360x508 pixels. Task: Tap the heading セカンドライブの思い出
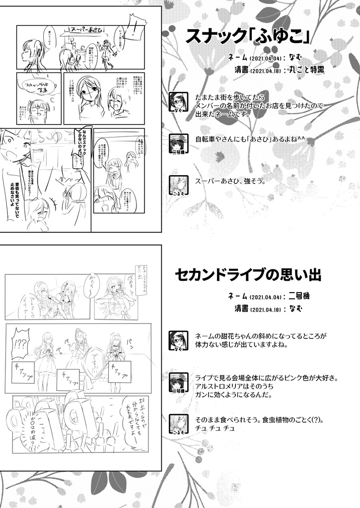click(248, 274)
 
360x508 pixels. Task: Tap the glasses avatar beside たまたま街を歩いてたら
click(178, 102)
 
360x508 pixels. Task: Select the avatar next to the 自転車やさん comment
click(178, 143)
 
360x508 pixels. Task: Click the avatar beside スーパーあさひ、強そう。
click(178, 185)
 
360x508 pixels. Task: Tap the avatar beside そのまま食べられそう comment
click(178, 423)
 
